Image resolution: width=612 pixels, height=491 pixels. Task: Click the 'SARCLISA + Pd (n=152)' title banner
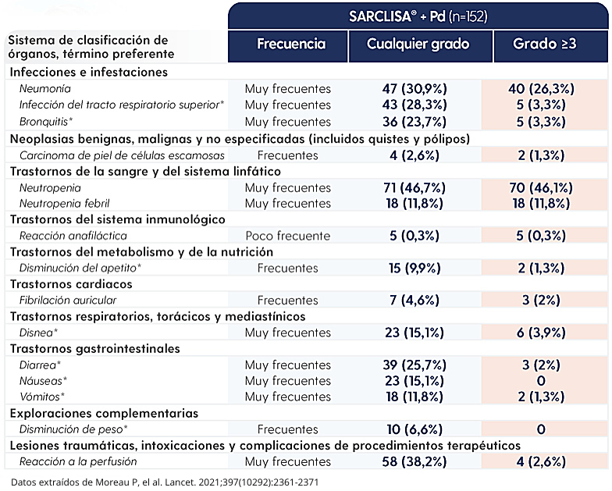[x=418, y=16]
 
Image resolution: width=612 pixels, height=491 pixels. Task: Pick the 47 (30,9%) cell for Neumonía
[x=415, y=89]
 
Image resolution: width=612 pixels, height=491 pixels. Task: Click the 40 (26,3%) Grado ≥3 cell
[x=541, y=89]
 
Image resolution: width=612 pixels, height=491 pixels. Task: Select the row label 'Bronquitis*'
[x=46, y=122]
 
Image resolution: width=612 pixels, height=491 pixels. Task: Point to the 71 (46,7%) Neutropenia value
[x=415, y=188]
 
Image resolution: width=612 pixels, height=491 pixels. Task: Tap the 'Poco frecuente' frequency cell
[x=287, y=236]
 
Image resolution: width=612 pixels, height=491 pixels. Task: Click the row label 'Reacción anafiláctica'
[x=73, y=236]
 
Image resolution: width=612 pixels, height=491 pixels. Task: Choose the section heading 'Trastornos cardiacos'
[x=71, y=284]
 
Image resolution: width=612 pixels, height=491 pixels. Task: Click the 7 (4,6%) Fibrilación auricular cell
[x=415, y=300]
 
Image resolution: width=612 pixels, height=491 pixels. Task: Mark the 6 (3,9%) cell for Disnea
[x=541, y=333]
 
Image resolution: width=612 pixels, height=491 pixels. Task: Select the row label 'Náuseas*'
[x=44, y=381]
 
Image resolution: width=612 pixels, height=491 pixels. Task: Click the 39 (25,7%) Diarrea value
[x=415, y=365]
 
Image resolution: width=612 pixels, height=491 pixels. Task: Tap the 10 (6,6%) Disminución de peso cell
[x=415, y=429]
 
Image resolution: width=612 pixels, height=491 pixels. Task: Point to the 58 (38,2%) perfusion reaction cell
[x=415, y=462]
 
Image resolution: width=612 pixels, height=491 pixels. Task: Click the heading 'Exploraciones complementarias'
[x=105, y=414]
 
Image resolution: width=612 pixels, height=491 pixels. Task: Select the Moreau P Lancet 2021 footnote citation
[x=165, y=482]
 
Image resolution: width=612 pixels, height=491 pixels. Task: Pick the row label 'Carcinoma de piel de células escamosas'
[x=122, y=156]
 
